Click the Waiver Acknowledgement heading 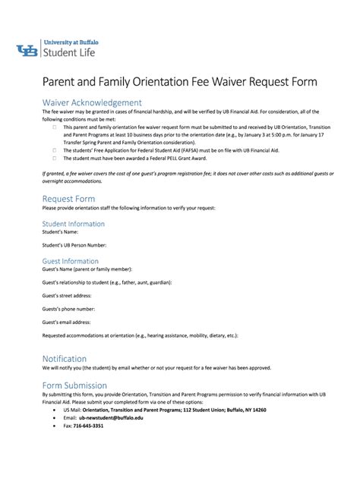click(91, 102)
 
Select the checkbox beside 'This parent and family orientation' click(54, 127)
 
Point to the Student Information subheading click(73, 224)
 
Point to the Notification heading click(64, 358)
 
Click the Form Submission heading click(74, 385)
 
